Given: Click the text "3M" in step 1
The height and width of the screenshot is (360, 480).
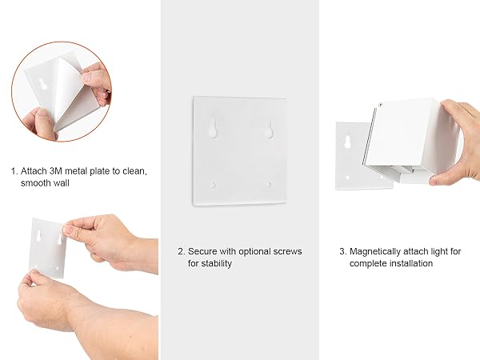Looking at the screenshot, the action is [55, 171].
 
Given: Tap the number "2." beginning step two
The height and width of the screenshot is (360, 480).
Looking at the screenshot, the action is [182, 252].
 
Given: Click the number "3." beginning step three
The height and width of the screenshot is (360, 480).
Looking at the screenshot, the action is [343, 252].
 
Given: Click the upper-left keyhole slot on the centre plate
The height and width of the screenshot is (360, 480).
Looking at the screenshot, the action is [213, 128].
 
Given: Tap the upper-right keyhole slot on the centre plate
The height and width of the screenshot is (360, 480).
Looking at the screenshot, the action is [270, 130].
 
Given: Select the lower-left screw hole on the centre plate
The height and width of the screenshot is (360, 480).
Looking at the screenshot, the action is [214, 186].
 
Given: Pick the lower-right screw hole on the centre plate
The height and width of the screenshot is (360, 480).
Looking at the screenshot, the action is [270, 184].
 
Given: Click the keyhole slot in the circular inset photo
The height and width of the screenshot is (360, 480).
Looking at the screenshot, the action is [43, 83].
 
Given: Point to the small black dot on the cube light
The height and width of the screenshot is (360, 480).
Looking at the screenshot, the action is [381, 105].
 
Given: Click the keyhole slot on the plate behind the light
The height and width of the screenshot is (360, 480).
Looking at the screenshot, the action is [347, 142].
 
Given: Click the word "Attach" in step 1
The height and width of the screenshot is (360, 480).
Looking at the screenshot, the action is [34, 171].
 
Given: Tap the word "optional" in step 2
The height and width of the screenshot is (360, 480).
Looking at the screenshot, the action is [254, 252].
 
